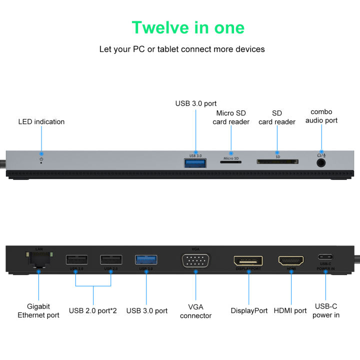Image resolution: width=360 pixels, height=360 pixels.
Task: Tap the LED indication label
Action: (41, 121)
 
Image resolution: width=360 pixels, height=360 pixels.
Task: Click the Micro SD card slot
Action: (230, 162)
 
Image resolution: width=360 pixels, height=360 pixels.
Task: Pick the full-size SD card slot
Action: (277, 162)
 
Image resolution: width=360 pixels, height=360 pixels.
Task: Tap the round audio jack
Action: (321, 162)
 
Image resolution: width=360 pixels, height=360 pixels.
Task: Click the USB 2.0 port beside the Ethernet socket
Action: (76, 259)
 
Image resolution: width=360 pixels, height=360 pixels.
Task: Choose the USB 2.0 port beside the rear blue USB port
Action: (111, 259)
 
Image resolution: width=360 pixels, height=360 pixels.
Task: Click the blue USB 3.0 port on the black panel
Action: (146, 259)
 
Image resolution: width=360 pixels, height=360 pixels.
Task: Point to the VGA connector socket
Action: (195, 261)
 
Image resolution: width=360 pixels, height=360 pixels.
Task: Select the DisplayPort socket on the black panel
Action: (248, 260)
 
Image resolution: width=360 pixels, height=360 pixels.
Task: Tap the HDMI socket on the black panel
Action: (291, 260)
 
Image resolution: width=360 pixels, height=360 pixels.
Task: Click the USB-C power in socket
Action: (325, 257)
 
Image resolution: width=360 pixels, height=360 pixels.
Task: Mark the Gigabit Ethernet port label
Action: (38, 310)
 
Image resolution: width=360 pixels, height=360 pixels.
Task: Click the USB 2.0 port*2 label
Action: (93, 310)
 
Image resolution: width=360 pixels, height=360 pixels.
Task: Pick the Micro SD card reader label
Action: (231, 117)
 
